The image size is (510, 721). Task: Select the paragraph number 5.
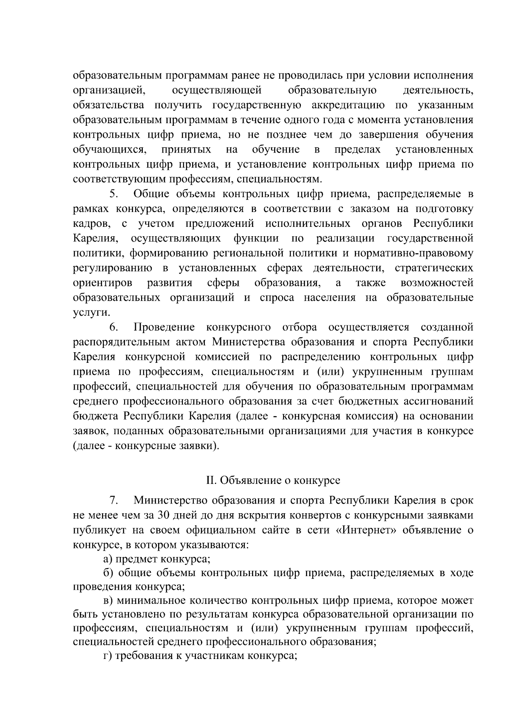point(113,194)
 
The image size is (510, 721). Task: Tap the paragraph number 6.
point(113,327)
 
